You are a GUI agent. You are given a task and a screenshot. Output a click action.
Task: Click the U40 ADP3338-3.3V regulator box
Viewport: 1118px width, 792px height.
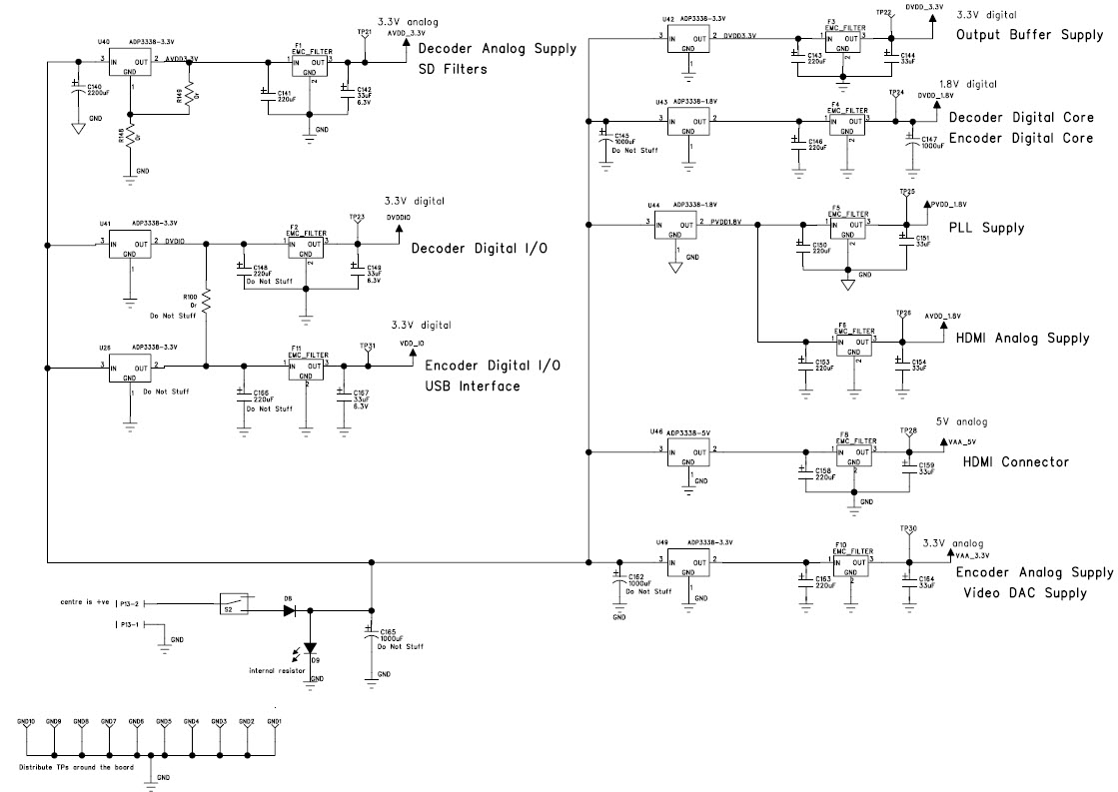pyautogui.click(x=130, y=67)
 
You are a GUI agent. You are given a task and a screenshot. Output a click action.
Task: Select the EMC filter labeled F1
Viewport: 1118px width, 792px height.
pyautogui.click(x=309, y=67)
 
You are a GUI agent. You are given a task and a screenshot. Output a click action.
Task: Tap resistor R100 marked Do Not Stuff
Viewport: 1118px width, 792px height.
pyautogui.click(x=206, y=301)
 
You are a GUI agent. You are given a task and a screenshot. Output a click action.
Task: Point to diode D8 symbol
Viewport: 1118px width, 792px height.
pyautogui.click(x=290, y=609)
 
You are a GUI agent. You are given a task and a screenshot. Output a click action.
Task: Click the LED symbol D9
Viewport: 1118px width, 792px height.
pyautogui.click(x=310, y=646)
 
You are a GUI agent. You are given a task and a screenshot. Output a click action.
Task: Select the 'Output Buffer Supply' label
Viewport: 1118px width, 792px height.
pyautogui.click(x=1028, y=35)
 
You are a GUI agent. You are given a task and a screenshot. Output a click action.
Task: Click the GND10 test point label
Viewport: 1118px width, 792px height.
pyautogui.click(x=26, y=721)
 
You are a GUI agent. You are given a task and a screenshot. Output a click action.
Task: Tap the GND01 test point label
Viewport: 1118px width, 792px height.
pyautogui.click(x=274, y=721)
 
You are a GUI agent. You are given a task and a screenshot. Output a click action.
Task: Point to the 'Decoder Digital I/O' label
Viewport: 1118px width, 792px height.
pyautogui.click(x=479, y=248)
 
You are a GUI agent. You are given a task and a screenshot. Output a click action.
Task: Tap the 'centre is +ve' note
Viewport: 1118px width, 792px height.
pyautogui.click(x=85, y=603)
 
